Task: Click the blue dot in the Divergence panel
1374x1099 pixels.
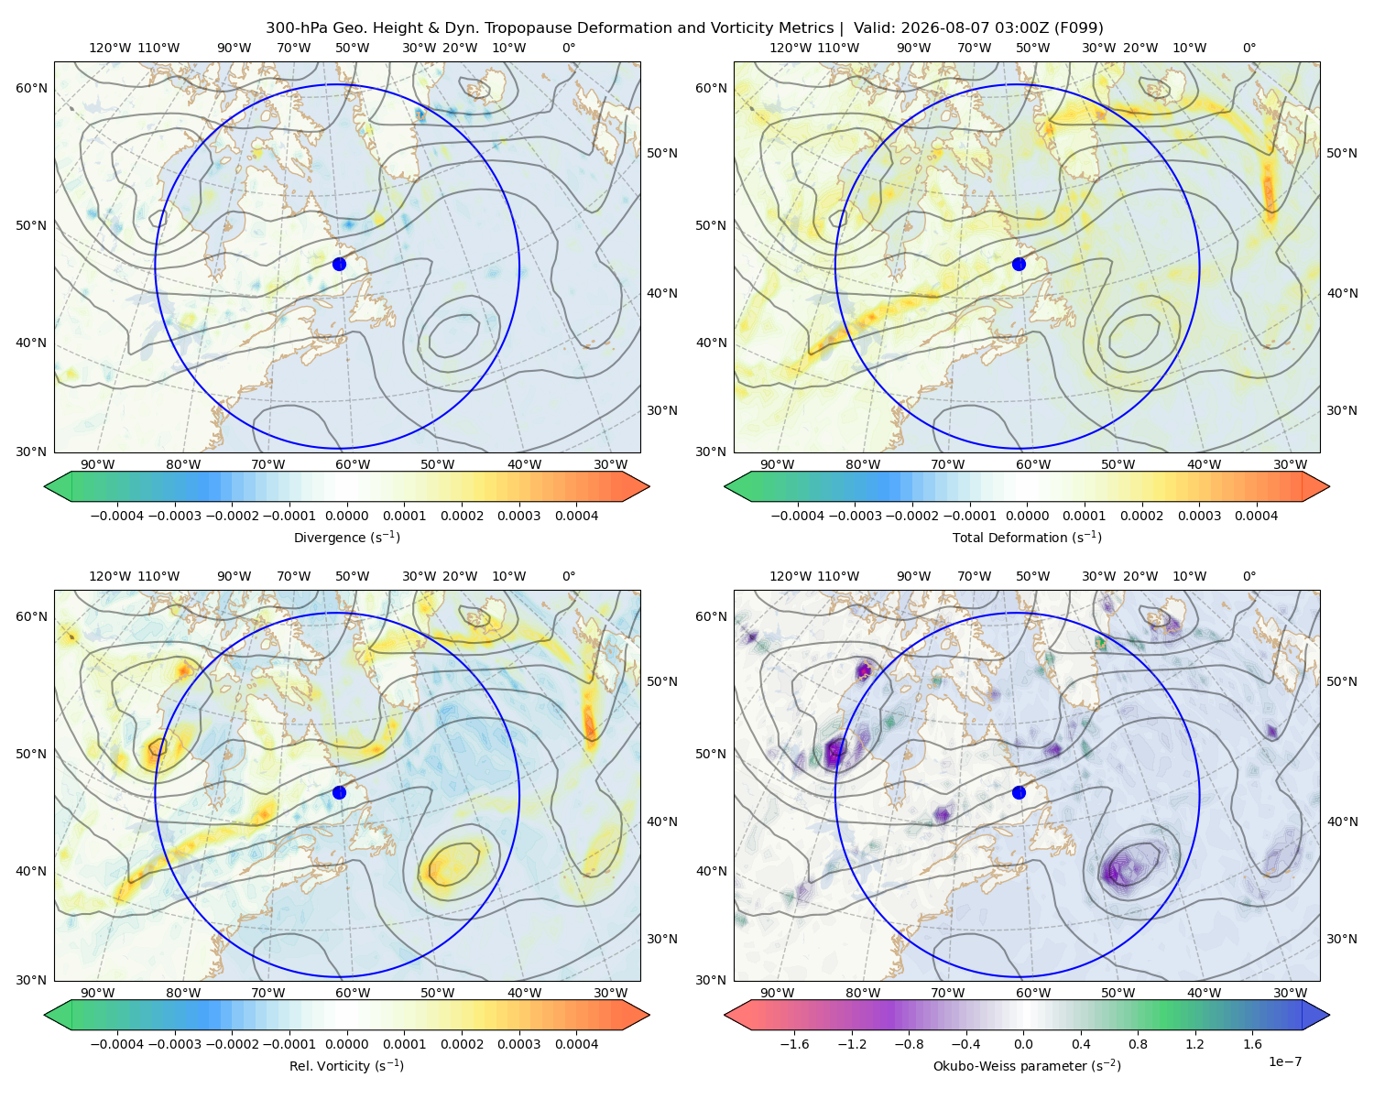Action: tap(339, 264)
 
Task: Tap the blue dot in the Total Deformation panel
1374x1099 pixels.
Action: tap(1019, 264)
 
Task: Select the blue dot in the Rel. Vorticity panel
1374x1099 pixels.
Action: tap(339, 792)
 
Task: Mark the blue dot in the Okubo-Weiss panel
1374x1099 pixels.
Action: tap(1019, 792)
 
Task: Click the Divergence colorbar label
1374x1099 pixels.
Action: tap(346, 537)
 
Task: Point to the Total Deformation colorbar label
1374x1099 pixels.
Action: tap(1027, 537)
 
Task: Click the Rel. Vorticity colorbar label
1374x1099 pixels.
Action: tap(346, 1065)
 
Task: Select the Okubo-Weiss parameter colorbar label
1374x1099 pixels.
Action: tap(1027, 1065)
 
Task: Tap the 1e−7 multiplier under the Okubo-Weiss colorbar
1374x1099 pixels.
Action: tap(1284, 1061)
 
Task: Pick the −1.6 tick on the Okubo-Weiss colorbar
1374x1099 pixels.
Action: tap(794, 1044)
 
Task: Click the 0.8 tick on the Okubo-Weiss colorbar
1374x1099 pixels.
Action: tap(1138, 1044)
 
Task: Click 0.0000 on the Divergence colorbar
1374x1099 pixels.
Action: tap(346, 516)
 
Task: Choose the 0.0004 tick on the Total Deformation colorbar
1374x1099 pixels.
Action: tap(1256, 516)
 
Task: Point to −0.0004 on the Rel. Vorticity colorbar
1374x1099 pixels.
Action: tap(117, 1044)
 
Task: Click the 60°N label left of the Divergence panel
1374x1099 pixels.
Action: tap(31, 88)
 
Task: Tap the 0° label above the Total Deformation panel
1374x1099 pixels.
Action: tap(1249, 48)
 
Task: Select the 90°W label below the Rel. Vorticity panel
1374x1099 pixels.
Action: tap(97, 993)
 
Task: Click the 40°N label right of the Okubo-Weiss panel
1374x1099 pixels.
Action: tap(1341, 822)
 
